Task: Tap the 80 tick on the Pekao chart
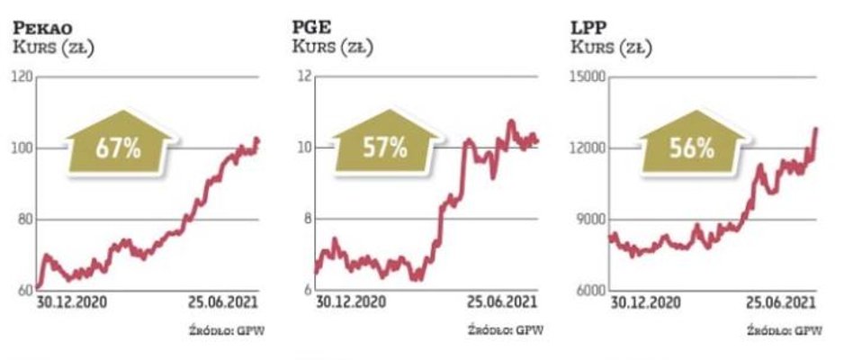coord(23,220)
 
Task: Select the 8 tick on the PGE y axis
coord(306,220)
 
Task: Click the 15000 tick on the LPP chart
coord(589,78)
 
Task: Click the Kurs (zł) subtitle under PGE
coord(333,46)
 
